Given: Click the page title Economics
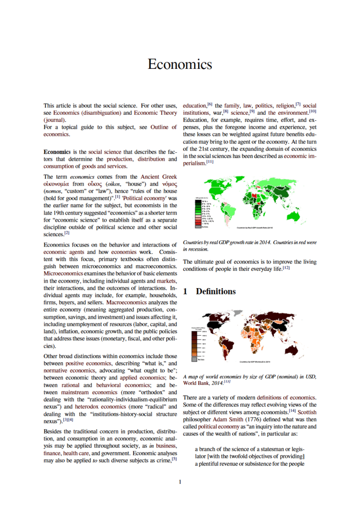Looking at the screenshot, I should click(x=180, y=64).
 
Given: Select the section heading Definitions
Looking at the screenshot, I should click(x=216, y=292).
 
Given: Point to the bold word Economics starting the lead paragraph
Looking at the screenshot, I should click(x=57, y=152).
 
